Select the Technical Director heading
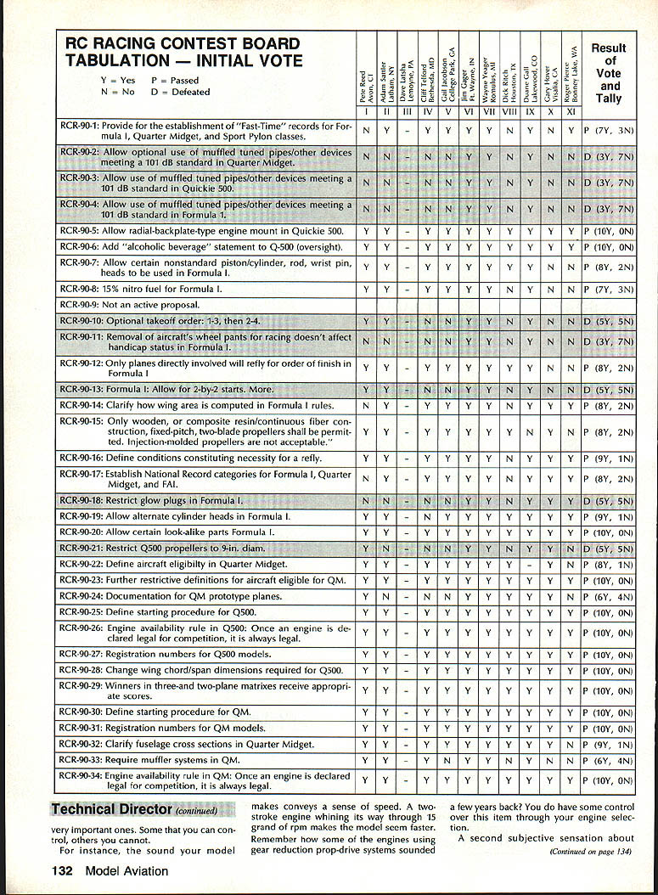[x=111, y=810]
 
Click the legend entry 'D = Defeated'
[x=181, y=92]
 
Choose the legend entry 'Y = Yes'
[x=117, y=79]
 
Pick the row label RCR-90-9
[x=80, y=304]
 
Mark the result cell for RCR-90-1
[x=609, y=131]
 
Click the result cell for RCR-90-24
[x=609, y=597]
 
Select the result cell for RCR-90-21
[x=609, y=549]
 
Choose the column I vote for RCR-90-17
[x=365, y=478]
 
